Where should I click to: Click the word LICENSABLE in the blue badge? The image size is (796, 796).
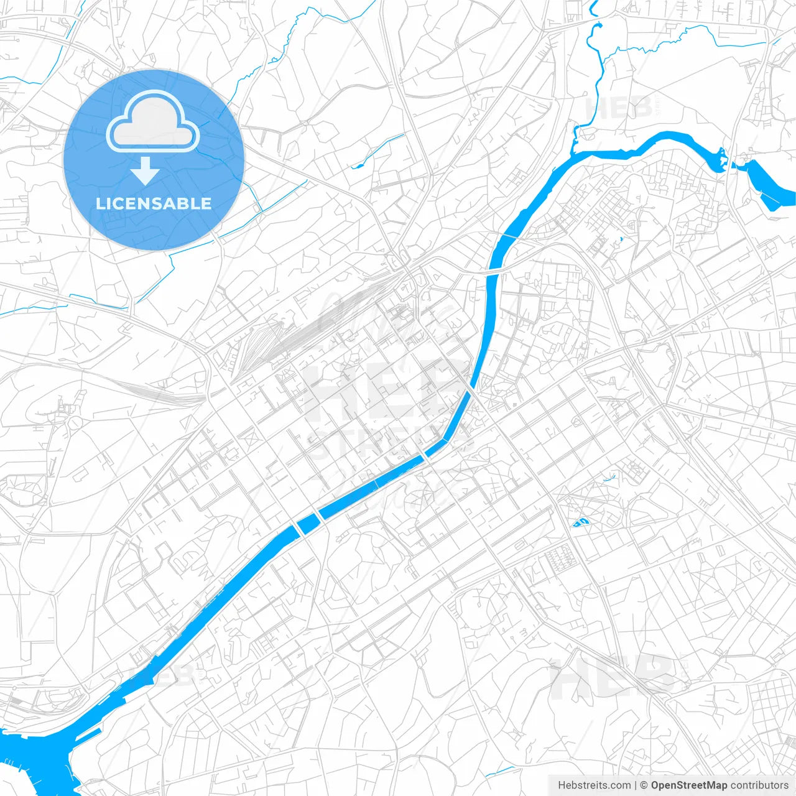(154, 203)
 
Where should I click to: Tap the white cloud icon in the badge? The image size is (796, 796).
(153, 122)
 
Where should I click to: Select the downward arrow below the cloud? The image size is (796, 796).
(145, 171)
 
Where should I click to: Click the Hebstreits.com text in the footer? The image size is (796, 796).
(594, 785)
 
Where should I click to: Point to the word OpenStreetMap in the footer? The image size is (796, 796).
(688, 785)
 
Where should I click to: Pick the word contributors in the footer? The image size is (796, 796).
(759, 785)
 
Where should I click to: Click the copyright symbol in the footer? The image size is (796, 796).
(644, 785)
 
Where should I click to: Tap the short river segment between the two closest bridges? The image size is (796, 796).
(308, 522)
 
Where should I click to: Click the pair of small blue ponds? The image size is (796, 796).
(581, 522)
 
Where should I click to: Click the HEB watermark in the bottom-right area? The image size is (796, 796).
(613, 678)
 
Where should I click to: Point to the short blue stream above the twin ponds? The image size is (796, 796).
(610, 478)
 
